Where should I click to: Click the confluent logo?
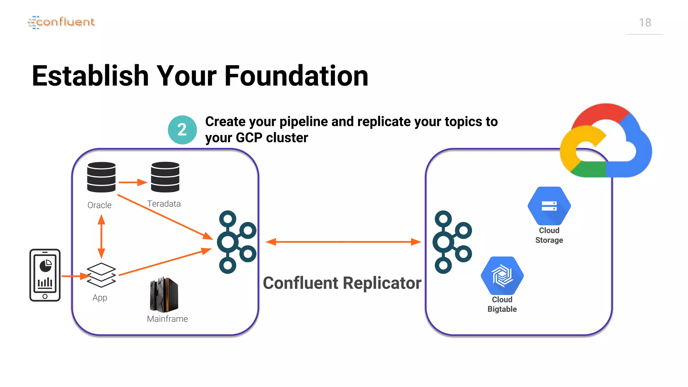61,22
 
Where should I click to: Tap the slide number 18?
645,23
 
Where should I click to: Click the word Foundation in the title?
296,76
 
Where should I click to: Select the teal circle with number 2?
182,130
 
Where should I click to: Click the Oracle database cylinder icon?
101,177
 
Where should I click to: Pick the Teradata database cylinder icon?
165,177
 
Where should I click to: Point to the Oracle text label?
99,205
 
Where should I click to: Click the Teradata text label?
164,204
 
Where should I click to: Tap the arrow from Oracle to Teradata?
133,182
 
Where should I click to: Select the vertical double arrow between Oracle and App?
101,236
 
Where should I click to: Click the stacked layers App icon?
101,275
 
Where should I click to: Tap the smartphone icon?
45,275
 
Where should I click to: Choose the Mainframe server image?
164,294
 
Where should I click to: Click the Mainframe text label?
167,318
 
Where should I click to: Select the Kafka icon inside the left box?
236,242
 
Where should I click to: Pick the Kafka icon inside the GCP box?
452,242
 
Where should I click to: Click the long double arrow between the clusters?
343,242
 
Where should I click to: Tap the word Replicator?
382,283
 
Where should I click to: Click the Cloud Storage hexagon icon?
549,206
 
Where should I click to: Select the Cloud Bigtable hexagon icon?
502,276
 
